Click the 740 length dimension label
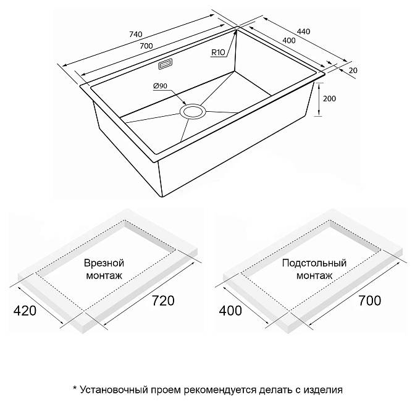(x=136, y=35)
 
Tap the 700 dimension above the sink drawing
(x=146, y=46)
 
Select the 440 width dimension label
(x=303, y=31)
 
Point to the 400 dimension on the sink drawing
(x=289, y=41)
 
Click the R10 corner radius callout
(x=218, y=52)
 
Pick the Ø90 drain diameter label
(x=161, y=86)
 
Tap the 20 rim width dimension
(x=353, y=70)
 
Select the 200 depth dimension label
(x=329, y=99)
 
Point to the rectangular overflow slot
(x=166, y=64)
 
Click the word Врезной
(x=104, y=263)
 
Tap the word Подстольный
(x=314, y=263)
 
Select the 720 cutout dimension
(x=163, y=301)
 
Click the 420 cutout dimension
(x=25, y=311)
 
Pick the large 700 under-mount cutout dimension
(x=370, y=301)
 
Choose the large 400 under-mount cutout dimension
(x=230, y=311)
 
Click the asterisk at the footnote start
(x=75, y=388)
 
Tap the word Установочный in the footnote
(x=114, y=390)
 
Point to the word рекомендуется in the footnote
(x=220, y=390)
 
